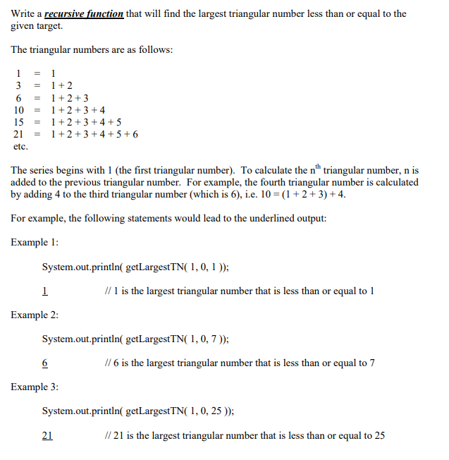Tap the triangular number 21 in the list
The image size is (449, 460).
point(19,134)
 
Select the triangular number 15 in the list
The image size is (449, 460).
point(19,122)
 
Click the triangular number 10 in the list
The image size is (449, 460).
point(19,110)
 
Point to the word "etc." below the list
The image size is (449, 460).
point(20,147)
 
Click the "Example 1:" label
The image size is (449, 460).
point(35,243)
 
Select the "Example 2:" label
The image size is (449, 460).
point(35,315)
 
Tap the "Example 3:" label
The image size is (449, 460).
point(35,387)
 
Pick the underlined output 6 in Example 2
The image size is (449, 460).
point(45,363)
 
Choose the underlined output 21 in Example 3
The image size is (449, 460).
point(47,436)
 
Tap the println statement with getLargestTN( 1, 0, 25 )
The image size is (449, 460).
point(138,411)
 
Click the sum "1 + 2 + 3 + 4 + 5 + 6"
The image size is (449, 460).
point(95,134)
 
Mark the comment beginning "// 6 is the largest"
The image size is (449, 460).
point(239,363)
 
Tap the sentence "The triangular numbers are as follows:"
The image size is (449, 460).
point(92,50)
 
